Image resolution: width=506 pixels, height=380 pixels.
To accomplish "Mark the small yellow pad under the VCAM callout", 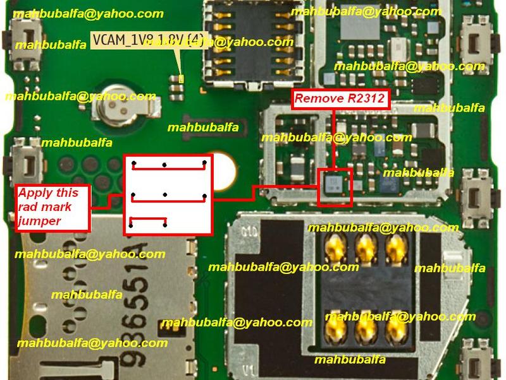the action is click(x=182, y=79).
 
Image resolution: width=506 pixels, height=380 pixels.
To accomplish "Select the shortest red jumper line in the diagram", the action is click(x=148, y=222).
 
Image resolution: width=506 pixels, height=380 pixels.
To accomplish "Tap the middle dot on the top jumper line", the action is click(x=164, y=165).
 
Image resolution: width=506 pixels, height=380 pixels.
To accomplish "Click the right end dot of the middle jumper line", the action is click(x=204, y=196).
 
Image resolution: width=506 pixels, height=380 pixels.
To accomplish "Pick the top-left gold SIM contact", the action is click(x=334, y=247).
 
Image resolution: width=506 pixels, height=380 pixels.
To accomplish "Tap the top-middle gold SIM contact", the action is click(x=364, y=247).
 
